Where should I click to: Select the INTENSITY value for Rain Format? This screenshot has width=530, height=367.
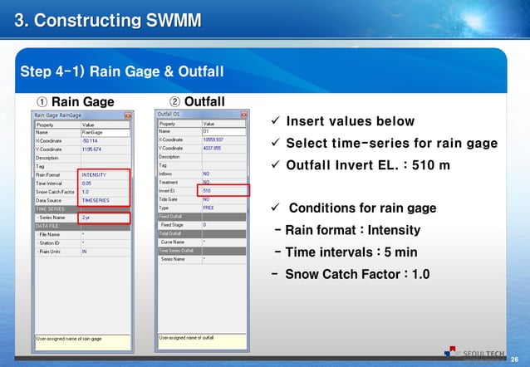point(94,174)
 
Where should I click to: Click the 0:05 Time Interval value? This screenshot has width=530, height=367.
point(87,183)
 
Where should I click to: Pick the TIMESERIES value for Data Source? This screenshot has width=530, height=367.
point(95,201)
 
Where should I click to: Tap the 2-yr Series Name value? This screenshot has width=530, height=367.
point(86,218)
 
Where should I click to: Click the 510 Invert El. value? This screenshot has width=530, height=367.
point(207,191)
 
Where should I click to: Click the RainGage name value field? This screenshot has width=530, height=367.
point(92,131)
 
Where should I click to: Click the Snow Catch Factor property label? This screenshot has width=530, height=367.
point(55,192)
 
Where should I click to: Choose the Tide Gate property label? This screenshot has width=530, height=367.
point(170,199)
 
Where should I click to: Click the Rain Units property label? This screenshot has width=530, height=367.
point(52,251)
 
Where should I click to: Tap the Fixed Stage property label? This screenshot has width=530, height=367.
point(173,225)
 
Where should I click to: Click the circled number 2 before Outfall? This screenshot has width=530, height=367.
point(174,102)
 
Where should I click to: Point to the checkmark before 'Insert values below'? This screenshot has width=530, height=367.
point(276,123)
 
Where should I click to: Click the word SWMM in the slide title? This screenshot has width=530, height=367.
point(169,18)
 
